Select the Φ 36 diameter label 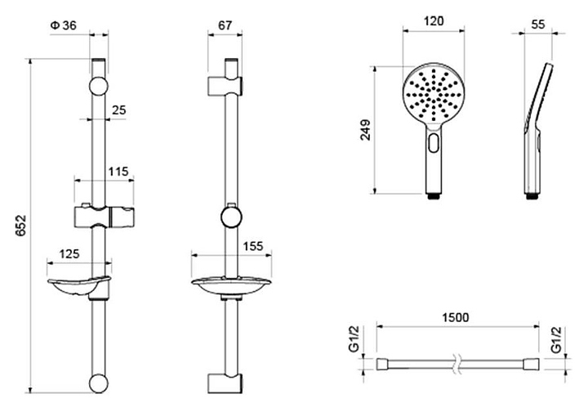click(x=63, y=25)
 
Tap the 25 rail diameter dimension click(x=118, y=110)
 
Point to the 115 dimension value click(x=119, y=172)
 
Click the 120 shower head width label click(x=434, y=22)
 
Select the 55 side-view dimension click(x=537, y=25)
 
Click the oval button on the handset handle click(x=433, y=145)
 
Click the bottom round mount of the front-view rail click(x=98, y=385)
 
